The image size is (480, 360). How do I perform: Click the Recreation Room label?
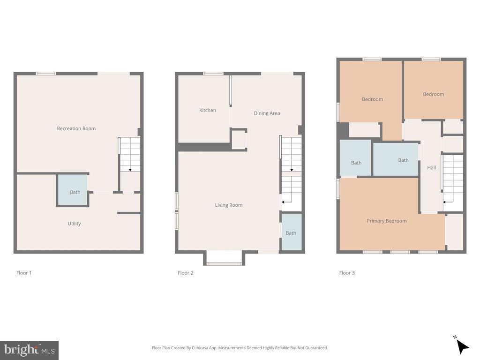click(76, 128)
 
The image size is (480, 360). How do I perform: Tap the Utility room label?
click(74, 224)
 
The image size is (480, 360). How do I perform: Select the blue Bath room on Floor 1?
click(73, 190)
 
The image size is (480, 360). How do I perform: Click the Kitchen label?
click(208, 110)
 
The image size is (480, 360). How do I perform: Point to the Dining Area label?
click(267, 113)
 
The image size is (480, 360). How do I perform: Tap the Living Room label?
click(229, 205)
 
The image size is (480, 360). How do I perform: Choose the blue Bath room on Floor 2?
click(292, 232)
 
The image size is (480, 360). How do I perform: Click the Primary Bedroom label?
click(387, 221)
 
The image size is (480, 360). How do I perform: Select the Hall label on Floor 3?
click(431, 167)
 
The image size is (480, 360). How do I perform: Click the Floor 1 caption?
click(24, 273)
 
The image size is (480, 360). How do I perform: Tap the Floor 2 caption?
click(186, 273)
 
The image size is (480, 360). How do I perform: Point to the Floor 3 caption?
click(347, 273)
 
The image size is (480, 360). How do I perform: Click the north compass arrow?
click(462, 346)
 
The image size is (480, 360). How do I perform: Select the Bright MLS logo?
click(29, 350)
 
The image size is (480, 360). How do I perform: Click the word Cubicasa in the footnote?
click(200, 348)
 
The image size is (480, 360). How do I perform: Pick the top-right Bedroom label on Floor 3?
click(434, 94)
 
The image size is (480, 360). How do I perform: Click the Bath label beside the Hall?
click(403, 160)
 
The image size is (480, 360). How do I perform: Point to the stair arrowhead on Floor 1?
click(130, 170)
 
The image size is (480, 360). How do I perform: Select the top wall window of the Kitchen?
click(213, 74)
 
